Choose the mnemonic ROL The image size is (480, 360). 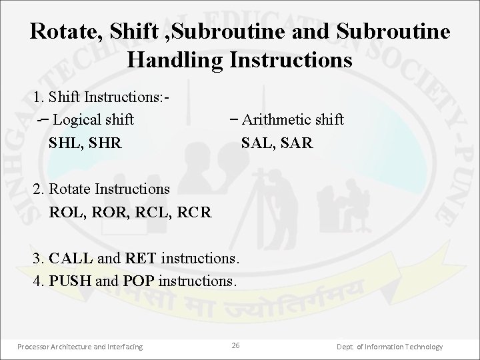point(66,213)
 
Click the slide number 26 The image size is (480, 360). point(235,345)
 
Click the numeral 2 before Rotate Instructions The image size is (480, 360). point(37,190)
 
